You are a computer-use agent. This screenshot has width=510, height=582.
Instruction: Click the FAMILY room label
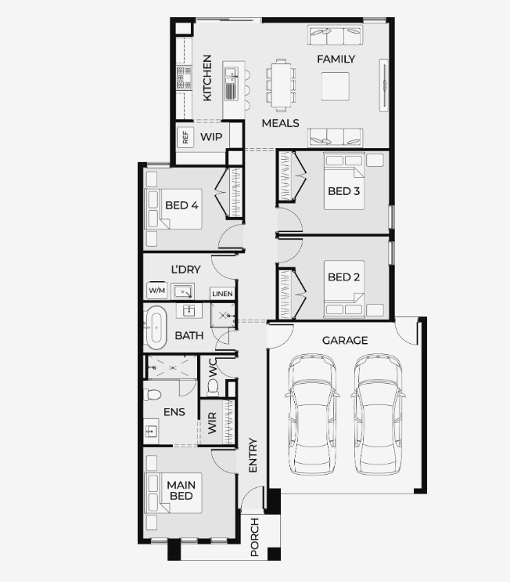(x=336, y=59)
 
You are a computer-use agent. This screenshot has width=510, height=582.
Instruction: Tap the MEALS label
(x=280, y=123)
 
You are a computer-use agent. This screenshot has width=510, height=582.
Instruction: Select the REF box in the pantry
(x=185, y=137)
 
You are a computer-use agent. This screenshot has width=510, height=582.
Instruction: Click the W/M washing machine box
(x=156, y=290)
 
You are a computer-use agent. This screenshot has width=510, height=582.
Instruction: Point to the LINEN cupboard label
(x=222, y=294)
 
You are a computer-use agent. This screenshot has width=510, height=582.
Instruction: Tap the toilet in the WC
(x=213, y=388)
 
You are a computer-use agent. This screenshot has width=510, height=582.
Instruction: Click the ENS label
(x=174, y=412)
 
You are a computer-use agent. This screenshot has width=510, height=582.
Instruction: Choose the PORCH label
(x=255, y=537)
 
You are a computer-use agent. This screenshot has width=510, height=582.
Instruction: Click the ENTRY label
(x=253, y=455)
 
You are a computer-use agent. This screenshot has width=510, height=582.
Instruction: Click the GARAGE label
(x=345, y=341)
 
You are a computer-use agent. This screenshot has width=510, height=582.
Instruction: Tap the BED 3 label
(x=343, y=191)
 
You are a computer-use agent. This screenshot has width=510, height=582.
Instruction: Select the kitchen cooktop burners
(x=184, y=78)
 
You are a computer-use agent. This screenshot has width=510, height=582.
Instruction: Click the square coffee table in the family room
(x=335, y=86)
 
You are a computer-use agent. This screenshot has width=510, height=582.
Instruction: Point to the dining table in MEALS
(x=281, y=85)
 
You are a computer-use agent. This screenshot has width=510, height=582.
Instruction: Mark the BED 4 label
(x=181, y=205)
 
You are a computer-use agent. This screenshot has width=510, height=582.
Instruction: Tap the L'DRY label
(x=185, y=269)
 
